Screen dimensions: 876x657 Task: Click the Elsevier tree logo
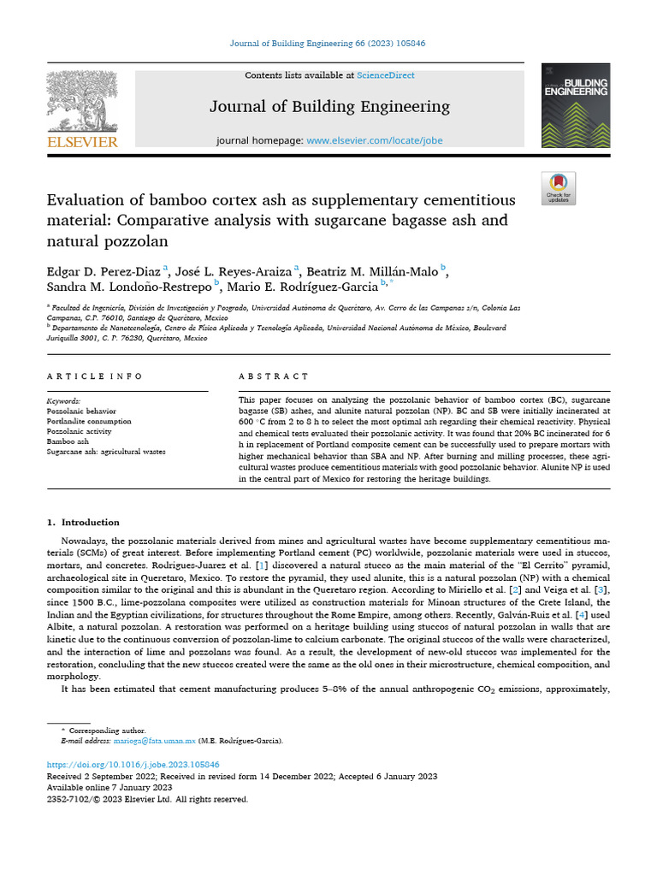tap(81, 101)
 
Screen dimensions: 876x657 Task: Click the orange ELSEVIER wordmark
tap(82, 142)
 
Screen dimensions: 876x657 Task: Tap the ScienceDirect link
tap(386, 75)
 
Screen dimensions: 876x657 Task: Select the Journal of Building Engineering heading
tap(329, 107)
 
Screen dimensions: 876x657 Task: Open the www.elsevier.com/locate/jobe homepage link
tap(375, 140)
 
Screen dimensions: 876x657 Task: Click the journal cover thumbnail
tap(576, 105)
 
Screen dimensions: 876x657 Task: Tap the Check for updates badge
tap(559, 188)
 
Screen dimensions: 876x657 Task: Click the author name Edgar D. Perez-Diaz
tap(104, 271)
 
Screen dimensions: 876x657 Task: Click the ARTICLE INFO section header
tap(95, 376)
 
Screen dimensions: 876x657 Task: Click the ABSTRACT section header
tap(274, 376)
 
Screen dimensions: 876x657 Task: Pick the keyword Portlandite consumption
tap(89, 421)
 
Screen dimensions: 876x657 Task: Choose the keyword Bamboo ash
tap(68, 441)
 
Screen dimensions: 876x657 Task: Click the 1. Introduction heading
tap(83, 522)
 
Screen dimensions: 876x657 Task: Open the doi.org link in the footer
tap(133, 764)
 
